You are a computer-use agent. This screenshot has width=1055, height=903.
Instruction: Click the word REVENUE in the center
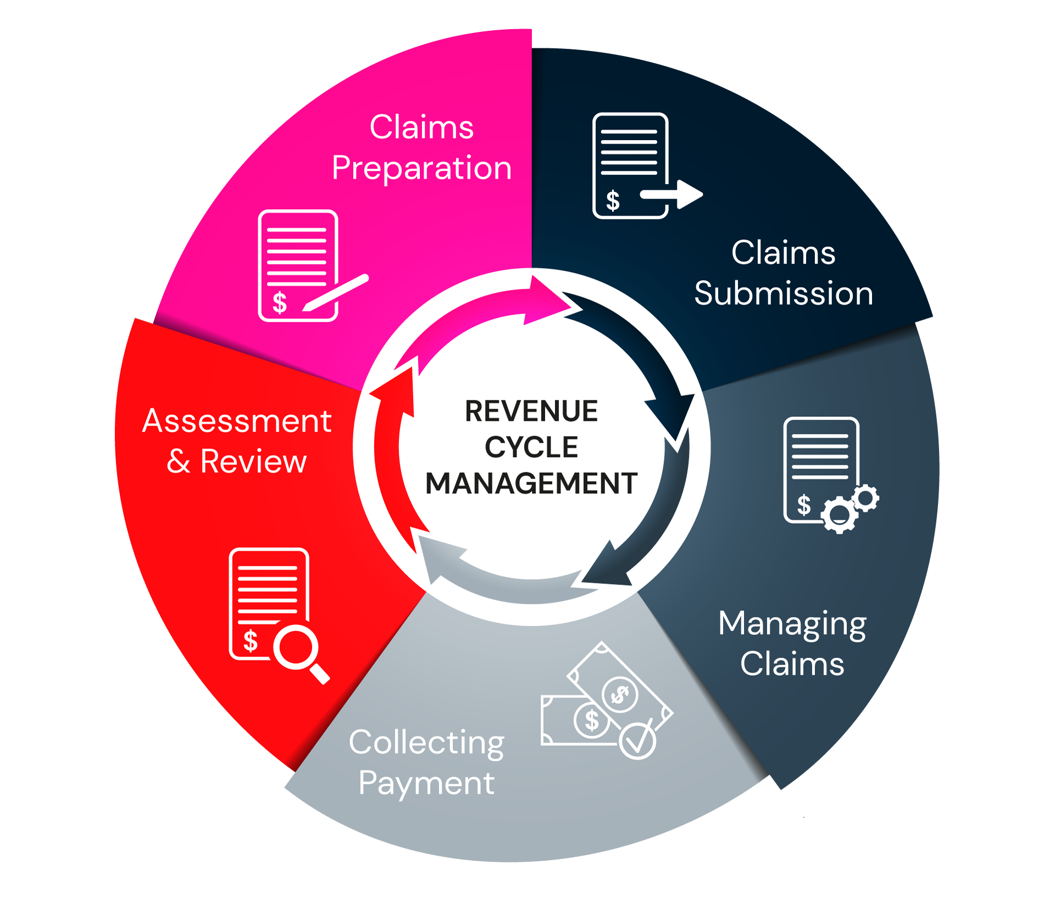(531, 411)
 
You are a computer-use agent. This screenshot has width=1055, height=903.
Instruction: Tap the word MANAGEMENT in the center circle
(531, 483)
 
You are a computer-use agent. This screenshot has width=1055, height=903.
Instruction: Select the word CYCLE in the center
(531, 447)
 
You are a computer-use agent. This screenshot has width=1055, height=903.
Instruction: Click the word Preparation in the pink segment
(421, 168)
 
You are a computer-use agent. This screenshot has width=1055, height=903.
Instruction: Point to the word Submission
(784, 293)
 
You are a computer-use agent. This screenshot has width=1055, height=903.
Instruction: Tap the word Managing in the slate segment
(792, 625)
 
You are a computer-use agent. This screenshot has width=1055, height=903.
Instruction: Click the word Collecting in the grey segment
(426, 743)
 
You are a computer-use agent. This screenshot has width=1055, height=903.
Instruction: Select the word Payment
(426, 783)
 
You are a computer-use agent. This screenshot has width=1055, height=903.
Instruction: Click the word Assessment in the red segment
(237, 421)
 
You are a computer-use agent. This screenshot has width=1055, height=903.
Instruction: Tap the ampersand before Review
(179, 461)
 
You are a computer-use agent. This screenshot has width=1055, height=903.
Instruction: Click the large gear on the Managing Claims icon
(839, 515)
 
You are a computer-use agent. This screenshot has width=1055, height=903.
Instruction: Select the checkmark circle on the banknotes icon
(637, 740)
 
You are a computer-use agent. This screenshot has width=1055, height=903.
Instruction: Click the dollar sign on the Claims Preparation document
(280, 303)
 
